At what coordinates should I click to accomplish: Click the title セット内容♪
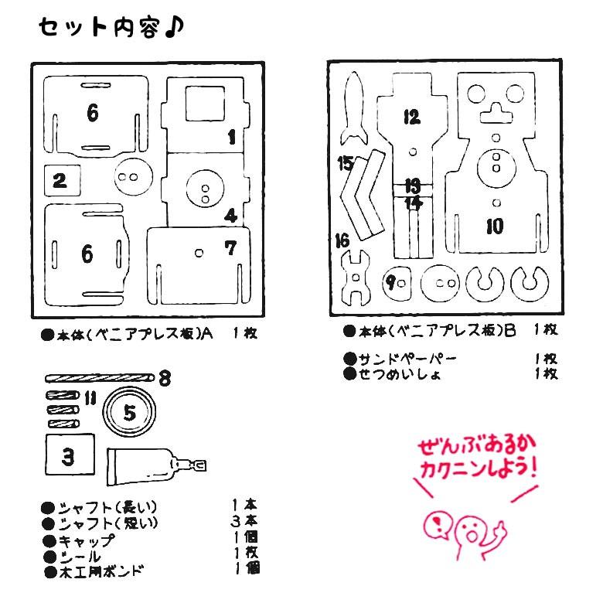point(111,28)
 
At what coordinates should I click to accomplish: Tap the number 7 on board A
point(230,248)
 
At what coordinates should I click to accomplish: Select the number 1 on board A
point(230,138)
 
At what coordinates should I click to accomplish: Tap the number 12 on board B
point(411,117)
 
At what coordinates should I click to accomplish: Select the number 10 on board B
point(494,226)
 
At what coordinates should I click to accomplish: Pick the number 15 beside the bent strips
point(346,163)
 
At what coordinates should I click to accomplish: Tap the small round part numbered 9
point(397,282)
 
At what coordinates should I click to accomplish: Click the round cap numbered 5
point(129,413)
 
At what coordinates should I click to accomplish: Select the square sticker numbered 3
point(69,456)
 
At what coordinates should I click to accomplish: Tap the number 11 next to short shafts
point(90,398)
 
